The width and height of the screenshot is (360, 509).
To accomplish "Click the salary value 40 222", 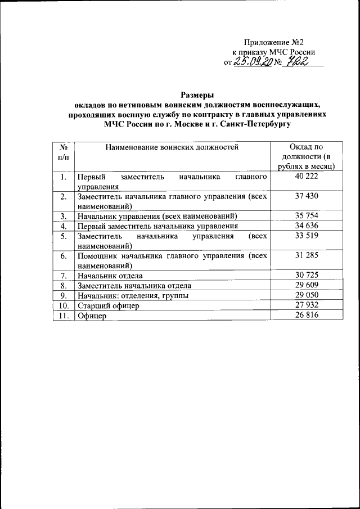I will coord(307,177).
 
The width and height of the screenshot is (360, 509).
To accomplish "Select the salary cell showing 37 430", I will coord(307,196).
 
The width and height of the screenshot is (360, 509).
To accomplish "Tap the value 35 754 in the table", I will coord(307,216).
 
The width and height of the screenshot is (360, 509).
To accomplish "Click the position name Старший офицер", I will coord(108,306).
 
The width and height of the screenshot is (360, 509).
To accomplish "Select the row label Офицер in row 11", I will coord(92,316).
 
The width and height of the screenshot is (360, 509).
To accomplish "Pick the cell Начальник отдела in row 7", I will coord(110,276).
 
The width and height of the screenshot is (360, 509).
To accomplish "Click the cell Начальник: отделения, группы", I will coord(133,295).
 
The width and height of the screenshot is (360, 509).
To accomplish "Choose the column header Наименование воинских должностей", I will coord(172,147).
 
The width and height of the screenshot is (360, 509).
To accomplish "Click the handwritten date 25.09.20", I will coord(253,62).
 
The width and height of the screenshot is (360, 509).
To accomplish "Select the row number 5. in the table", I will coord(64,236).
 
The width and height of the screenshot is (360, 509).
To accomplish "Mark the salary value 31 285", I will coord(307,256).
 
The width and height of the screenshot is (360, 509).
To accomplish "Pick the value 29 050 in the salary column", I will coord(307,295).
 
